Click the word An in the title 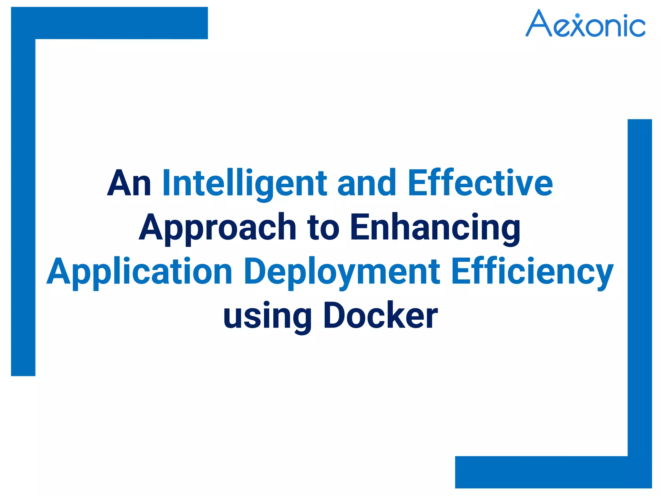coord(129,183)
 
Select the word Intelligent coord(245,183)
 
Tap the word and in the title coord(367,183)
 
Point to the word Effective coord(480,183)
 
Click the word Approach coord(218,228)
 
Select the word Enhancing coord(435,228)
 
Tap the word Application coord(139,272)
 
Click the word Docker coord(381,316)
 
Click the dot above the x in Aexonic coord(577,15)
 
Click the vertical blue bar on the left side coord(23,207)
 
